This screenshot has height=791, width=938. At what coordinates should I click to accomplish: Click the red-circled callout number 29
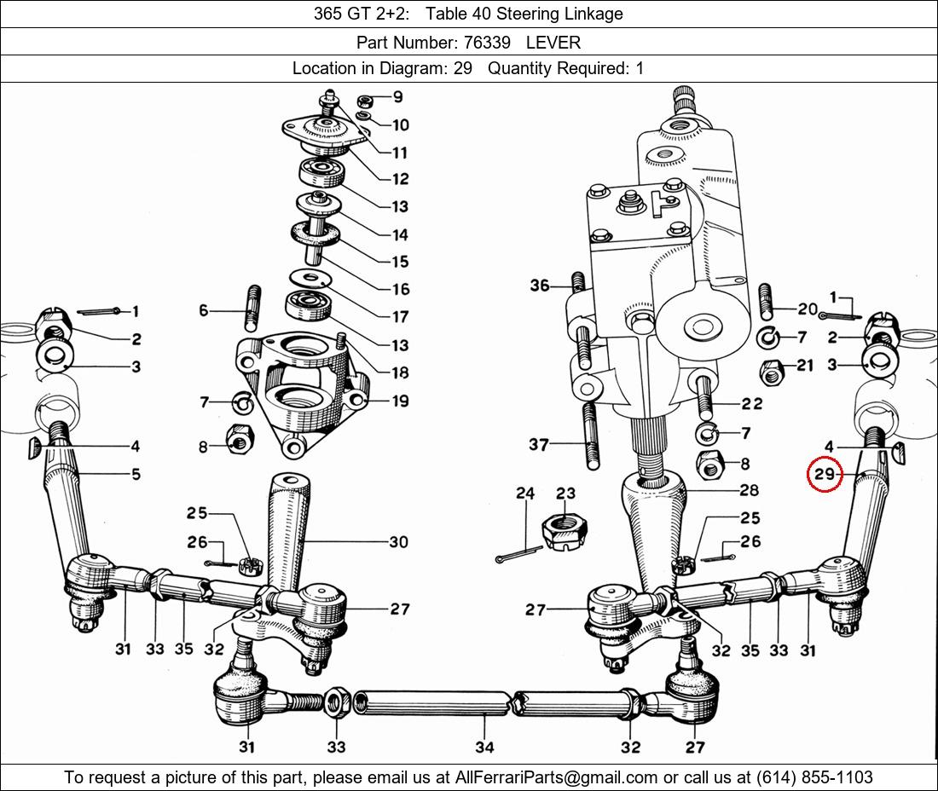coord(825,475)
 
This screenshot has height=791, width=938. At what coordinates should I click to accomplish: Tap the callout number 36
coord(540,286)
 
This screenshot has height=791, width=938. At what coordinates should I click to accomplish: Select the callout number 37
coord(539,444)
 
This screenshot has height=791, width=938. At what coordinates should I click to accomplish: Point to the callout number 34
coord(484,747)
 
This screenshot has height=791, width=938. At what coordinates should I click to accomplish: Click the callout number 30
coord(398,541)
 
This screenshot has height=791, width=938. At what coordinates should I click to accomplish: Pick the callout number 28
coord(749,490)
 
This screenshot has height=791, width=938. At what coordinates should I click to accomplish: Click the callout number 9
coord(397,97)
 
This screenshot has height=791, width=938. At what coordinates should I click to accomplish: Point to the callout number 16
coord(400,289)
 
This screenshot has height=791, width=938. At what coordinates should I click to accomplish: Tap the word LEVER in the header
coord(553,42)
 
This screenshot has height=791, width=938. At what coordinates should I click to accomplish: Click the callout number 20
coord(807,309)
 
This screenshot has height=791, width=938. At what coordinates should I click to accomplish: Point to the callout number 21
coord(805,366)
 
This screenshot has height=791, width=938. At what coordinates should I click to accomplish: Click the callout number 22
coord(751,403)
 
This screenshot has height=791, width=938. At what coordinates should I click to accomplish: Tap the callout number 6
coord(204,311)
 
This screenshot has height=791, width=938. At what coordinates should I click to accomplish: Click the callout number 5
coord(136,475)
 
